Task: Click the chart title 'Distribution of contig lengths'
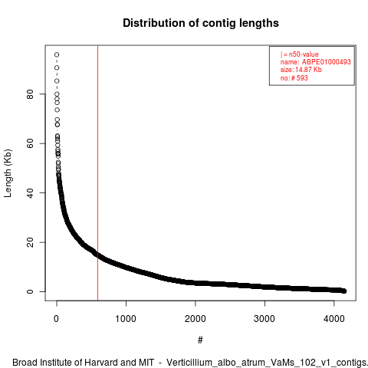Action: point(201,23)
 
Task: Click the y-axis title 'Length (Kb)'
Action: point(8,173)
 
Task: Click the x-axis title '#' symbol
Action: point(200,340)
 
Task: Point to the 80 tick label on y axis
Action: point(30,94)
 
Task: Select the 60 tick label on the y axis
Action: point(30,143)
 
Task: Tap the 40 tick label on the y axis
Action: point(30,192)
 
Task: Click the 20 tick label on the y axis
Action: point(30,242)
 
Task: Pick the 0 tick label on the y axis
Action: point(30,291)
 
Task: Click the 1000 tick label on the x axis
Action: point(126,319)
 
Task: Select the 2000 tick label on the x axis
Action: point(195,319)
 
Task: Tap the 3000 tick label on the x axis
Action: point(264,319)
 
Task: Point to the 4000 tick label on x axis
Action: point(334,319)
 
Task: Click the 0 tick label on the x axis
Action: point(57,319)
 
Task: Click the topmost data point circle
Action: point(57,54)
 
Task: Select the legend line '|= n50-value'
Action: point(299,54)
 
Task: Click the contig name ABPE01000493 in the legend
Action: point(327,62)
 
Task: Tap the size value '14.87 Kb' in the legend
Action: point(308,70)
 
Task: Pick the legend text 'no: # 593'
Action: point(294,77)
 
